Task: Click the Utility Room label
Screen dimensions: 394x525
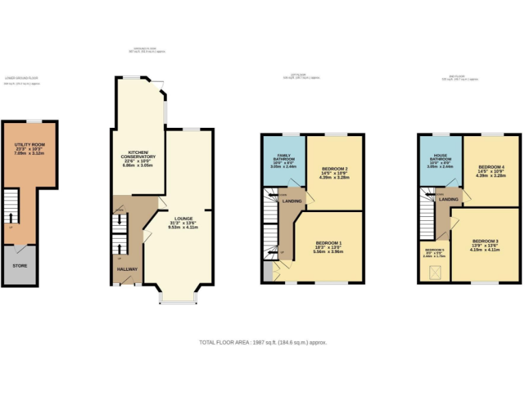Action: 29,146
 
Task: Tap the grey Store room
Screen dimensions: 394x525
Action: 20,264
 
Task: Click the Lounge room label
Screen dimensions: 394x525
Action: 183,220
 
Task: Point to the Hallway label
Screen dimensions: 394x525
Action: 126,270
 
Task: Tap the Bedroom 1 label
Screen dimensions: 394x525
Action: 329,244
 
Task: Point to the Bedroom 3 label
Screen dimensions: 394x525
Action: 485,241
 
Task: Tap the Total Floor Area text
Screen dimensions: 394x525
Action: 262,342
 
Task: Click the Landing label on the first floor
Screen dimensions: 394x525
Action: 293,200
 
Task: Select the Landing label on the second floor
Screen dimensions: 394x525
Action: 448,199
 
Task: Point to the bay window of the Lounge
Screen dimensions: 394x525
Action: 177,298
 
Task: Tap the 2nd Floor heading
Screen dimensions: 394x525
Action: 459,77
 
